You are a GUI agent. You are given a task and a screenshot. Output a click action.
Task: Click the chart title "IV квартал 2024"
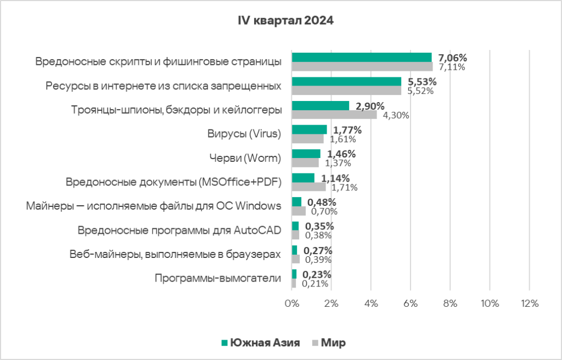(x=285, y=21)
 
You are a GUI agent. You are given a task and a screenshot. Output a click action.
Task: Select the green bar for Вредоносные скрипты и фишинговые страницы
(x=362, y=58)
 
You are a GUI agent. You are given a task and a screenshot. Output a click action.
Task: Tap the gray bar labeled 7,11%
(x=362, y=67)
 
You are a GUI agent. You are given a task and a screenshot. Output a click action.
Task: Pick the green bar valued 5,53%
(x=346, y=82)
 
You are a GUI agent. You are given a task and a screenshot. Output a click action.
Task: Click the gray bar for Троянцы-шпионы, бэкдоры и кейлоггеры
(x=334, y=115)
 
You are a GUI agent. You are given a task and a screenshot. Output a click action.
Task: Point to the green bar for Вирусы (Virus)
(x=309, y=130)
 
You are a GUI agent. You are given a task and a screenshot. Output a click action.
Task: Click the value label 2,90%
(x=370, y=106)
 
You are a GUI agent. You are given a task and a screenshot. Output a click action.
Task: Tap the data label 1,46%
(x=340, y=154)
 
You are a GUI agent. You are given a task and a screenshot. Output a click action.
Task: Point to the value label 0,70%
(x=324, y=211)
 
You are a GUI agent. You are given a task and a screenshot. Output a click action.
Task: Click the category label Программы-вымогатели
(x=218, y=278)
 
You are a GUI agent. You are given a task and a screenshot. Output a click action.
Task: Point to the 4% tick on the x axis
(x=370, y=303)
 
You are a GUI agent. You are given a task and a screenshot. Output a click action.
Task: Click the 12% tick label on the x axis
(x=529, y=303)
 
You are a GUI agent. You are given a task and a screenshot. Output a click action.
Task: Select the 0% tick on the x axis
(x=291, y=303)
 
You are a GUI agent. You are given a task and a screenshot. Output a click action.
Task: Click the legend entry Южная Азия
(x=260, y=343)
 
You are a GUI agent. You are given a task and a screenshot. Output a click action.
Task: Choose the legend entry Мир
(x=328, y=343)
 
